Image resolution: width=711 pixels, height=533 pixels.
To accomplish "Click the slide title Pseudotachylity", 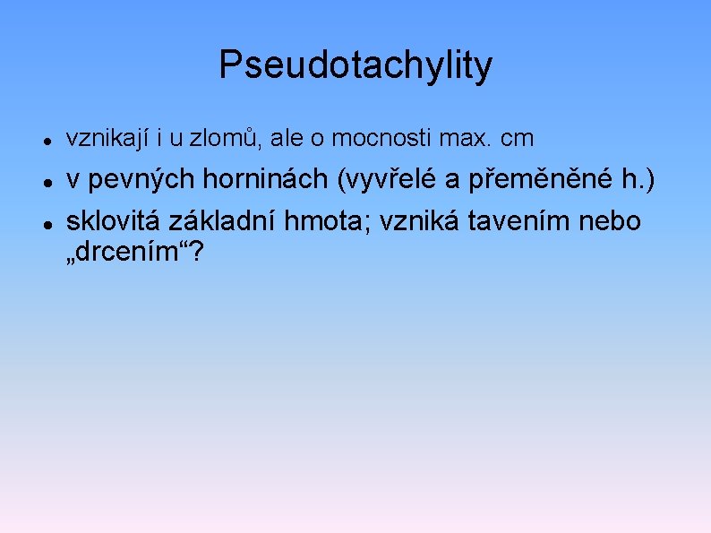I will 355,65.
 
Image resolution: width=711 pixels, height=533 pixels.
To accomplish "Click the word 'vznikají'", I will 103,139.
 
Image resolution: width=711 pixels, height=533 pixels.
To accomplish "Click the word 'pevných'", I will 125,180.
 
